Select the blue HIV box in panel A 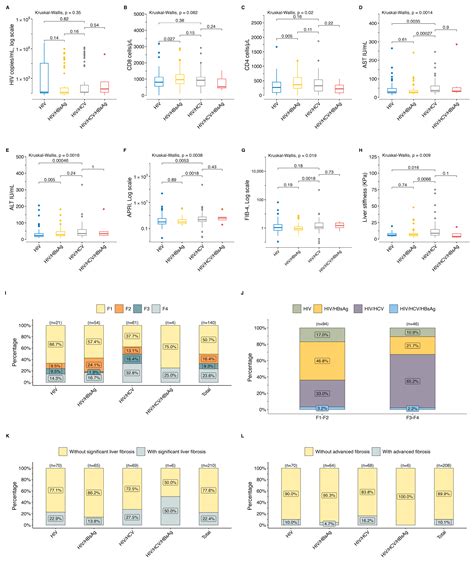coord(40,78)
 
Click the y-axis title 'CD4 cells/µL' coord(247,56)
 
